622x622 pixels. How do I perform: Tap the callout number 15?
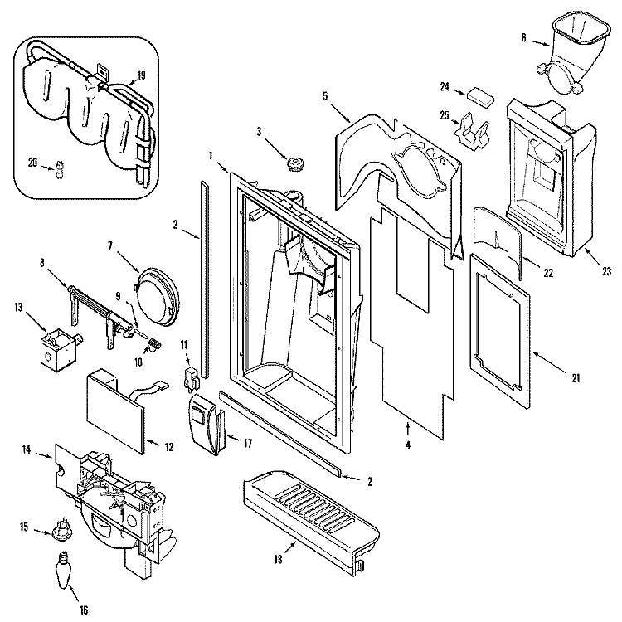(24, 527)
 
